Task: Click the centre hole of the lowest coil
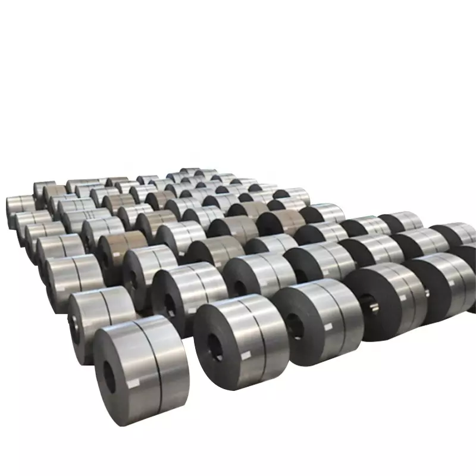coord(110,376)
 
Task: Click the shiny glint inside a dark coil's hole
coord(374,306)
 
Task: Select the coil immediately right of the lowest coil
coord(238,339)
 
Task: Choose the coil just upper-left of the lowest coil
coord(98,321)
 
